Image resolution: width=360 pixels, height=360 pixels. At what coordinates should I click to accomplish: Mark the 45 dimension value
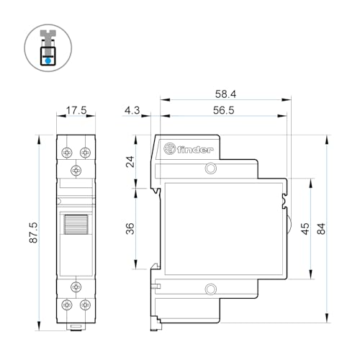pos(305,229)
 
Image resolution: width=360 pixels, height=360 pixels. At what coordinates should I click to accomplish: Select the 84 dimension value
pos(322,229)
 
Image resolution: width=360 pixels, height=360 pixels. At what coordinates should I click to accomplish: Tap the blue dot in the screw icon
pos(47,61)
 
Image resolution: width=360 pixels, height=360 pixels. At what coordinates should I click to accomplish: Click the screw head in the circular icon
pos(47,35)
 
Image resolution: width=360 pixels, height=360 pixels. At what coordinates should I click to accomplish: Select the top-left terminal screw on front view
pos(67,153)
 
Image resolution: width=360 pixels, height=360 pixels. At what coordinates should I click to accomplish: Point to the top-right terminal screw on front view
pos(85,153)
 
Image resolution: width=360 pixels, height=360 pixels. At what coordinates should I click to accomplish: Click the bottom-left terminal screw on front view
pos(67,305)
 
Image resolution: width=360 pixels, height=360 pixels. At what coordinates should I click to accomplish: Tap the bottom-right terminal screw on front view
pos(85,305)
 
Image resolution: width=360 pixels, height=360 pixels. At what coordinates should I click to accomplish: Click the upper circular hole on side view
pos(210,169)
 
